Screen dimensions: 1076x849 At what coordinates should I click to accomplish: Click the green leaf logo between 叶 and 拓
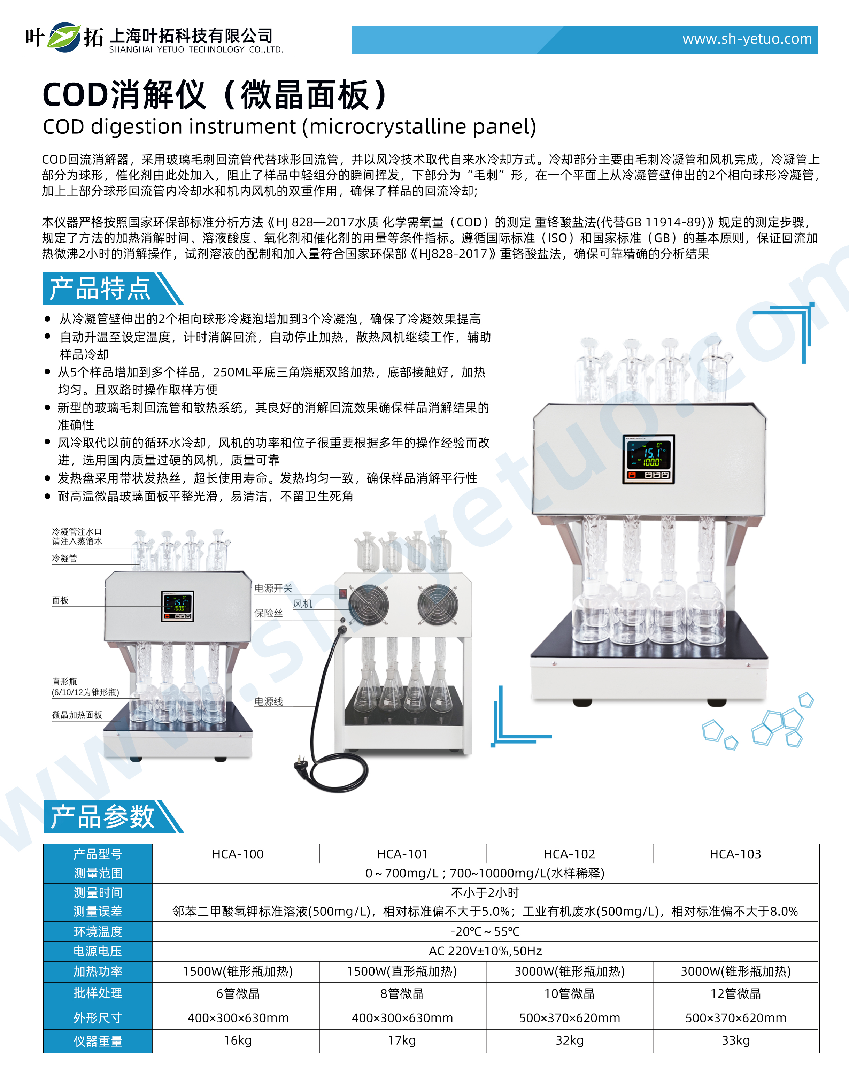64,37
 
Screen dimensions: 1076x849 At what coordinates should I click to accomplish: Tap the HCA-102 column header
569,854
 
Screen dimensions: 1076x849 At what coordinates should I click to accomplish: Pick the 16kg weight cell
238,1040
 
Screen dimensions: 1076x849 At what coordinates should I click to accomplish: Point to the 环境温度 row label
98,931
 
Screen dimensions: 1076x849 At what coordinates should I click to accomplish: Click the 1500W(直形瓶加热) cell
402,971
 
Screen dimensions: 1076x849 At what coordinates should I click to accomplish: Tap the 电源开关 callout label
273,588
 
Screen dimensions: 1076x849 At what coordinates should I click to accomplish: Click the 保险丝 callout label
268,613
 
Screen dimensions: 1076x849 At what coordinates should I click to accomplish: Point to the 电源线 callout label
268,701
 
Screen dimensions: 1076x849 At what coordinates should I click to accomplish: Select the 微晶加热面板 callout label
77,715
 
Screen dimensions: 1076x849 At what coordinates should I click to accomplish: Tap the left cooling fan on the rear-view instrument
368,604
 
